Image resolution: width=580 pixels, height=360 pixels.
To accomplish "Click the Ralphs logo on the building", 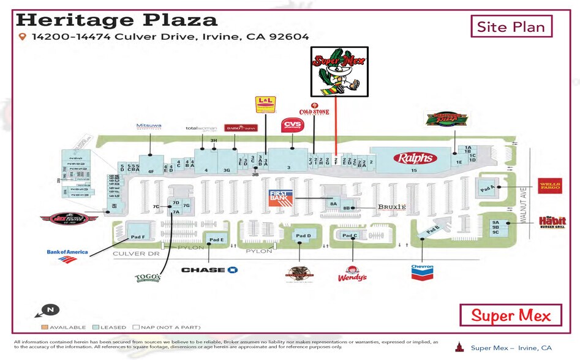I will click(416, 158).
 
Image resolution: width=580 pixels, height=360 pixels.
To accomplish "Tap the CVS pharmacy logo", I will click(292, 126).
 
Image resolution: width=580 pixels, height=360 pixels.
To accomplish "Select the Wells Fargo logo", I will click(549, 186).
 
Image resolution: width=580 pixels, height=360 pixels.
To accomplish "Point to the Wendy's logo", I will click(352, 274).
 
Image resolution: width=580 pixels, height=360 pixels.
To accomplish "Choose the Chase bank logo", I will click(209, 269).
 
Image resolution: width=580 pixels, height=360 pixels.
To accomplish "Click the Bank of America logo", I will click(67, 255).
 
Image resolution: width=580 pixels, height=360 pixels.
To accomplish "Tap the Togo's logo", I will click(148, 278).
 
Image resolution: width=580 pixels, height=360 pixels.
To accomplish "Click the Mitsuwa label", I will click(149, 126).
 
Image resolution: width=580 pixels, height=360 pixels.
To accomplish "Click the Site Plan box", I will click(511, 27).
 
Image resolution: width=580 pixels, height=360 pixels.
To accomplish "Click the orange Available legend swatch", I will click(45, 328).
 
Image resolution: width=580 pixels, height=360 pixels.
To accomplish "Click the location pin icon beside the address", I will click(23, 37).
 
